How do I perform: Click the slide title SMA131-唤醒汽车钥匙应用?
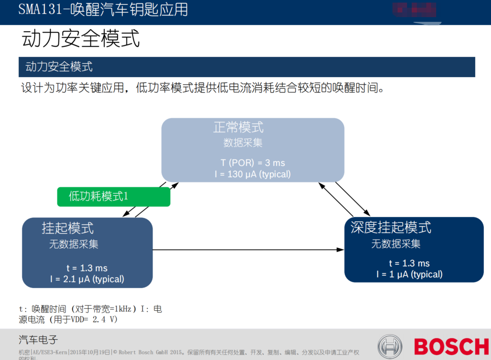103,9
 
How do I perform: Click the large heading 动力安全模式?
81,39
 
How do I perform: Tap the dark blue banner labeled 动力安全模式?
246,67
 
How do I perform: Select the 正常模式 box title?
238,127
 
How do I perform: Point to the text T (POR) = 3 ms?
252,163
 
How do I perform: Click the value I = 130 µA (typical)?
252,174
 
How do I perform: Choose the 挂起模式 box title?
68,228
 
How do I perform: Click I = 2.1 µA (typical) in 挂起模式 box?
87,279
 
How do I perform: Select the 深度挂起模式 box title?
391,227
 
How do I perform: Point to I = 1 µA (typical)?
409,274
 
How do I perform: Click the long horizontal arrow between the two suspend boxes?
248,249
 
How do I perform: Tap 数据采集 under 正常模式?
243,143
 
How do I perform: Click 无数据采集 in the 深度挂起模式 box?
395,244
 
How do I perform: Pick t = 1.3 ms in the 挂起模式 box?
87,268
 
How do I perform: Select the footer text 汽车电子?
38,340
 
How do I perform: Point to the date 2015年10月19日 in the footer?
90,352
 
